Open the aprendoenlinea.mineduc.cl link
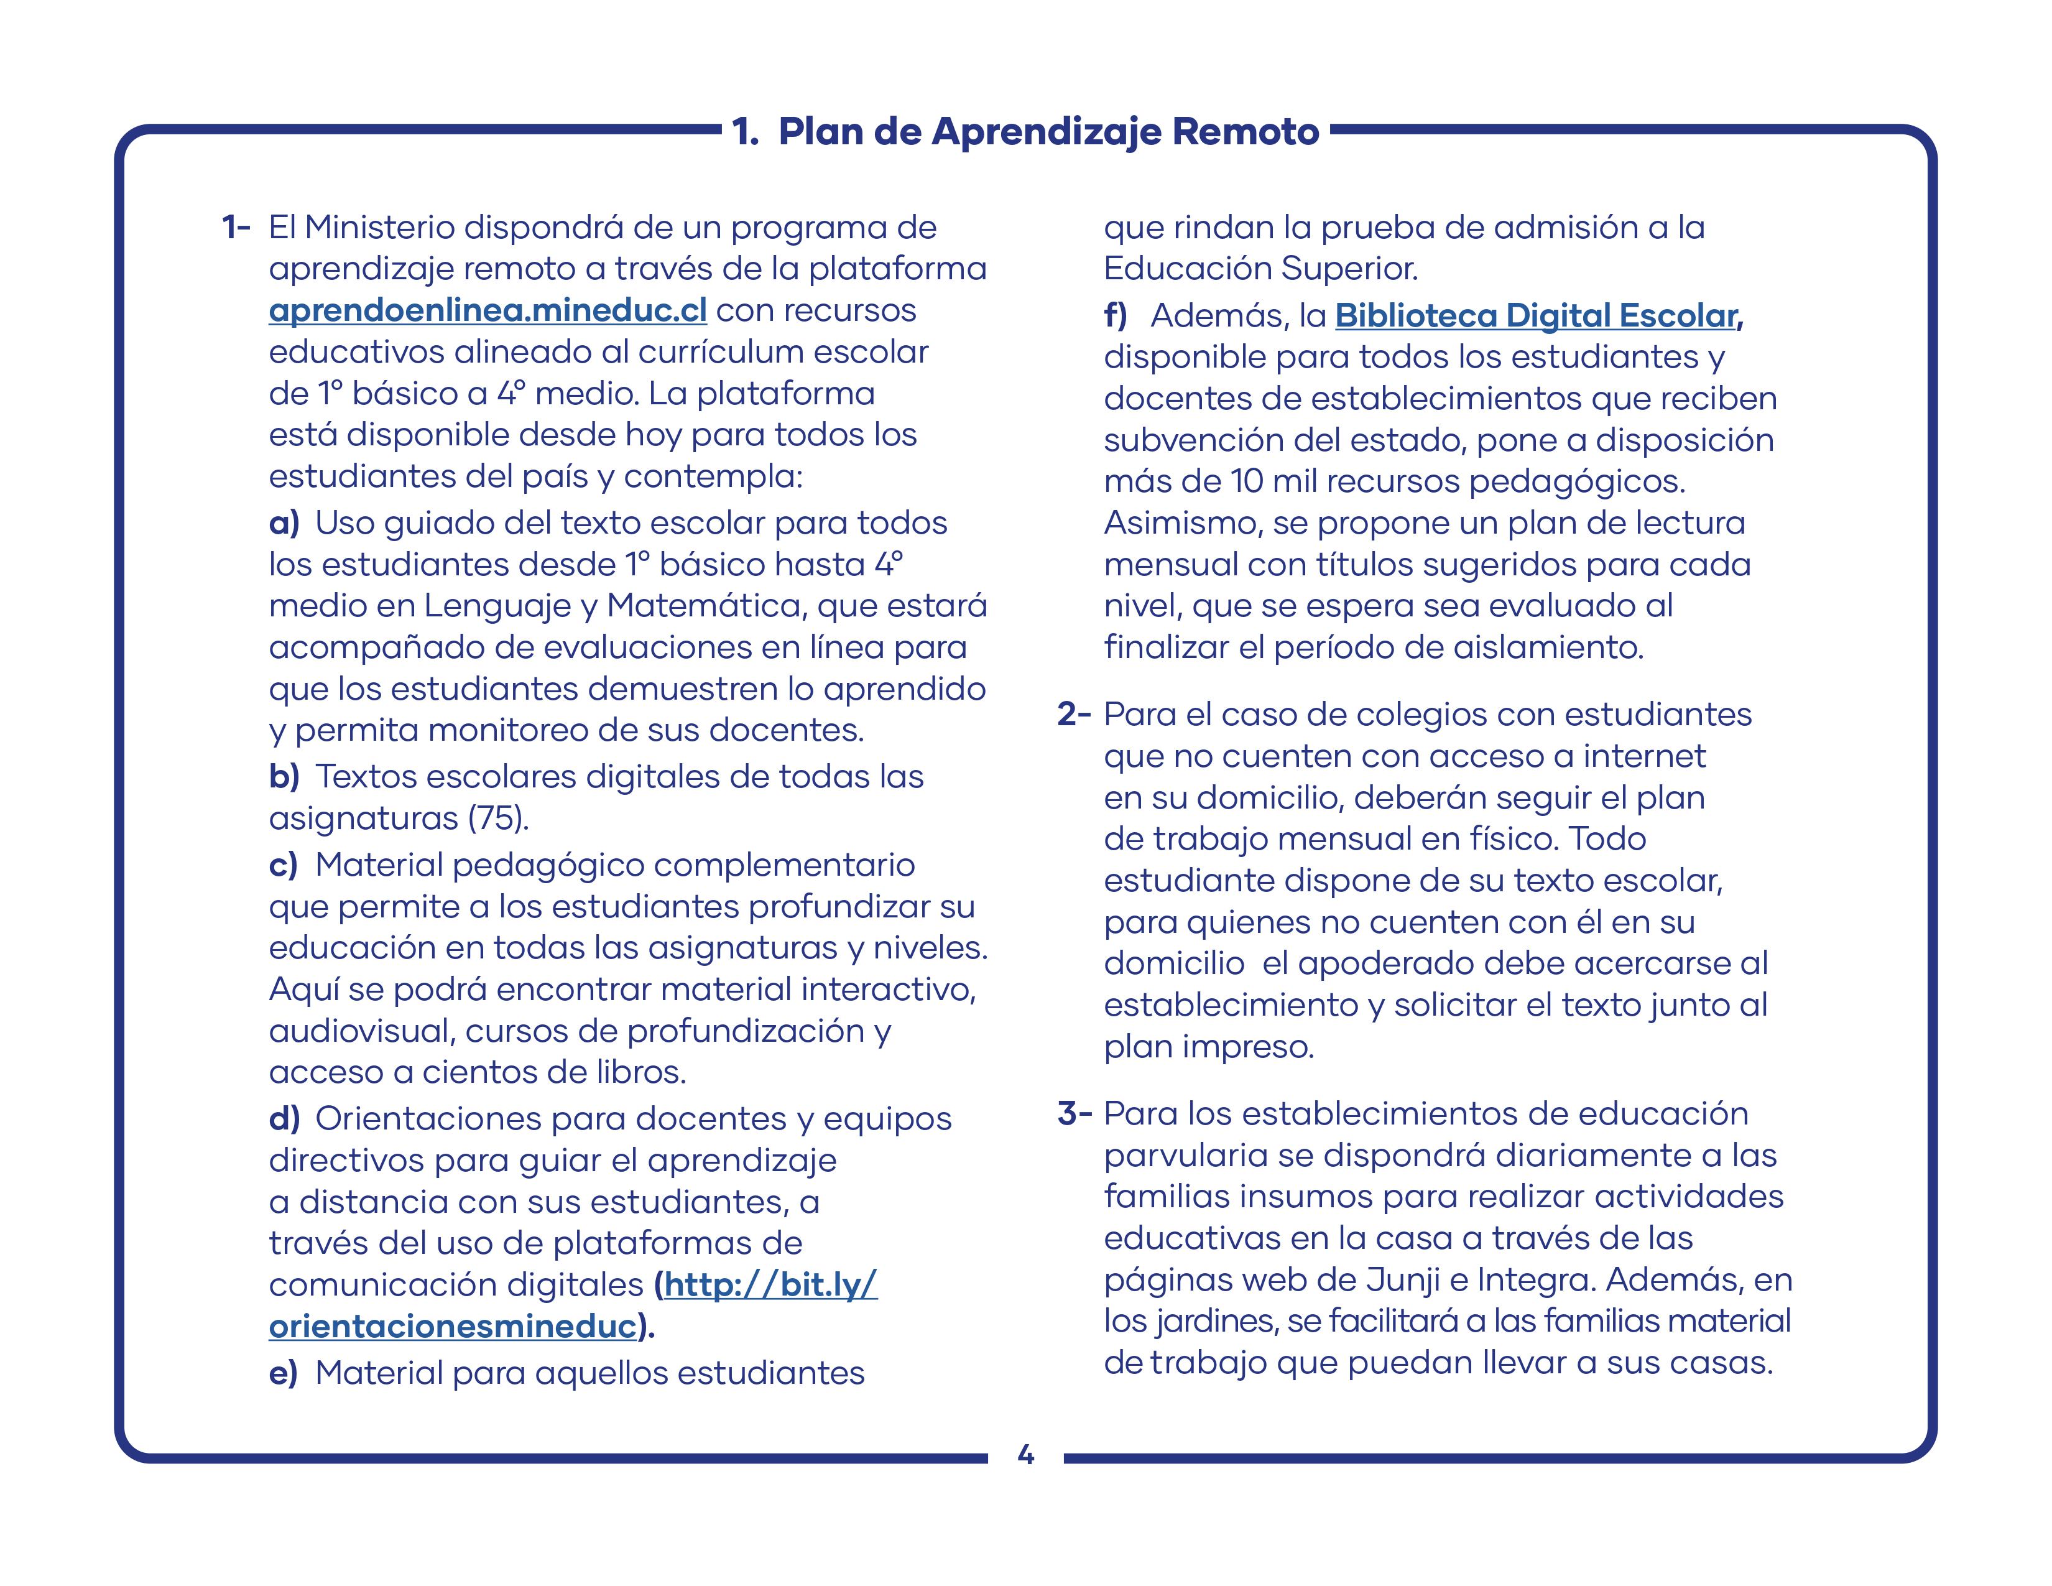click(488, 310)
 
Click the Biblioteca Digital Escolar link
click(1535, 316)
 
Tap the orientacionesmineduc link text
click(453, 1326)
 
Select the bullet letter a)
click(284, 523)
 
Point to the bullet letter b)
click(284, 777)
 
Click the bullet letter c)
click(283, 865)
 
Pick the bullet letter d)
click(284, 1119)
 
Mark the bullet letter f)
click(1116, 316)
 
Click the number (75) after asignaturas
click(498, 819)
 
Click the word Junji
click(1403, 1280)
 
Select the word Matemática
click(706, 606)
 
